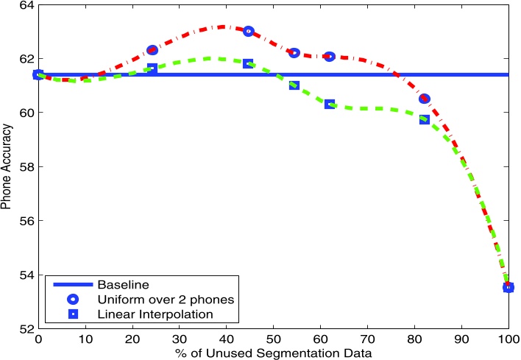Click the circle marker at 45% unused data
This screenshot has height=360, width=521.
pos(249,31)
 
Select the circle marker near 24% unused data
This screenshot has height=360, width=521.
pos(152,50)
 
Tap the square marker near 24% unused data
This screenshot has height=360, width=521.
pos(152,68)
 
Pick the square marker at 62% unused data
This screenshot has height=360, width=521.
pos(330,105)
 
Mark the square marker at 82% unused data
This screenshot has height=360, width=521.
pos(425,119)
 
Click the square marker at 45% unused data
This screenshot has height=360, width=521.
pos(249,64)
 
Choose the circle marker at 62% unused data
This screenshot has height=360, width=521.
pos(330,57)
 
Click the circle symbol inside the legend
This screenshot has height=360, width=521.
pos(73,300)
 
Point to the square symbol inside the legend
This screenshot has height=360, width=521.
pos(73,315)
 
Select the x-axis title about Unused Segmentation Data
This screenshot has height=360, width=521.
pos(273,353)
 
